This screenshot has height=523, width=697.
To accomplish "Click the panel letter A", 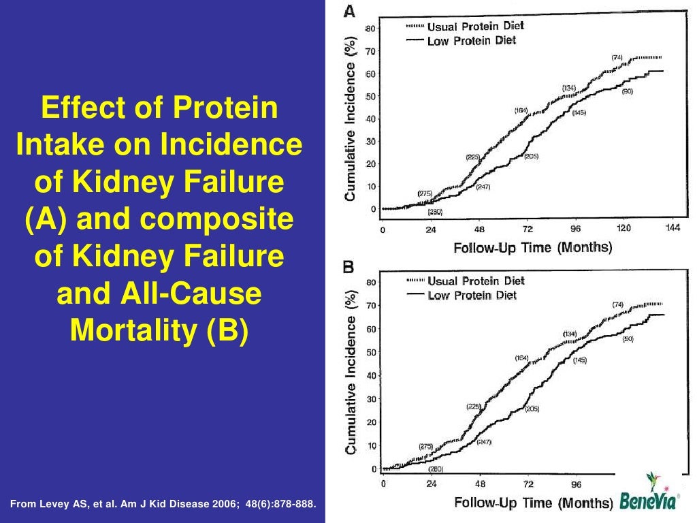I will [x=348, y=11].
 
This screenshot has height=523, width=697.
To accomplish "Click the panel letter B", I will [x=348, y=268].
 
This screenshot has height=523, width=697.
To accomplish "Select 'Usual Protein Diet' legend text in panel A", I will [x=476, y=27].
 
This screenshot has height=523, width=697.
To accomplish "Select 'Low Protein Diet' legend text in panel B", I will [x=472, y=295].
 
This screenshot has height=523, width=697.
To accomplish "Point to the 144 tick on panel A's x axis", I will [x=672, y=229].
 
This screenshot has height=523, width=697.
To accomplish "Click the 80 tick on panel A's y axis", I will [x=372, y=29].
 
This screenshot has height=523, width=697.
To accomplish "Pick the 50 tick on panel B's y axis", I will [x=372, y=352].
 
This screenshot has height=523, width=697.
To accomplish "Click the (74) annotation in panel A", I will [x=617, y=57].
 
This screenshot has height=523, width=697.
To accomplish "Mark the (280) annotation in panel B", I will [x=435, y=469].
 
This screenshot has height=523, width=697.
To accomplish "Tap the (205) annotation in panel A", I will [x=531, y=157].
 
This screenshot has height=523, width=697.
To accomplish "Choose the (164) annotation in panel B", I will [x=521, y=358].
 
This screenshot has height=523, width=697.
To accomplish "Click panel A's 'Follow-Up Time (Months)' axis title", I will [x=533, y=248].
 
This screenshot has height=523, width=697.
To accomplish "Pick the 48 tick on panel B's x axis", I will [x=479, y=484].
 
